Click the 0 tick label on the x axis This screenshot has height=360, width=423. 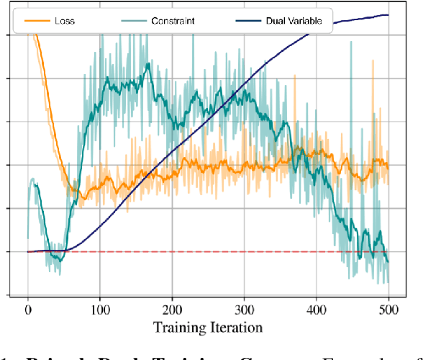[x=28, y=310]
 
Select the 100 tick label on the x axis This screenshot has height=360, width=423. [x=100, y=310]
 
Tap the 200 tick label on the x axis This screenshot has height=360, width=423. [x=172, y=310]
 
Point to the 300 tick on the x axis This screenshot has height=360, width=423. [x=244, y=310]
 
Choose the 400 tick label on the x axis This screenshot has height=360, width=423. [x=316, y=310]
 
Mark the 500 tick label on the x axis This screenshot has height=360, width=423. [x=388, y=310]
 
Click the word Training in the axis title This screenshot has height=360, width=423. [x=182, y=328]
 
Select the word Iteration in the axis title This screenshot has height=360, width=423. [x=236, y=328]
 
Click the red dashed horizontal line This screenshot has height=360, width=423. [x=216, y=251]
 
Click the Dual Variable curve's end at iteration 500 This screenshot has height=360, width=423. [x=388, y=14]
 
